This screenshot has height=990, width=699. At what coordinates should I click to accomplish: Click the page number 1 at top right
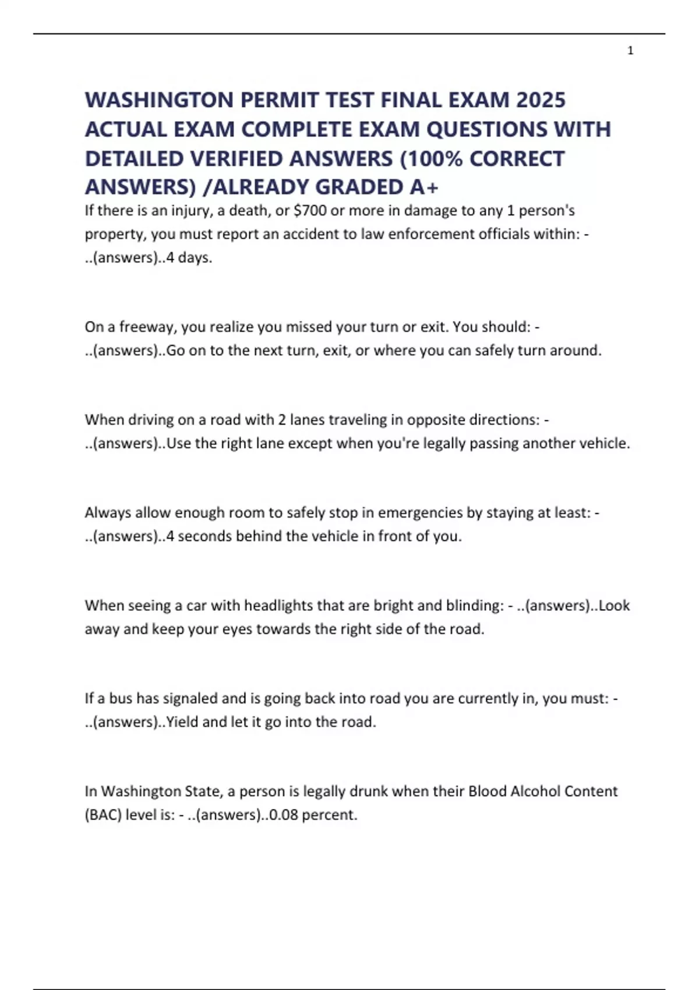tap(630, 51)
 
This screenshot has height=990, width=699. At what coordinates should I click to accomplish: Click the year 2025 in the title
tap(541, 100)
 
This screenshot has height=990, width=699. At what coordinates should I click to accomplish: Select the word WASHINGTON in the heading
tap(159, 100)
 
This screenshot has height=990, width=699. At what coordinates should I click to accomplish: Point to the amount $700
tap(310, 210)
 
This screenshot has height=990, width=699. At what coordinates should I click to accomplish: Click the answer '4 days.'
tap(189, 257)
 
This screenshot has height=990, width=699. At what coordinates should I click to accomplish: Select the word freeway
tap(147, 327)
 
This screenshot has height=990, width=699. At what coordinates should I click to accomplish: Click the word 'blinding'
tap(475, 606)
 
